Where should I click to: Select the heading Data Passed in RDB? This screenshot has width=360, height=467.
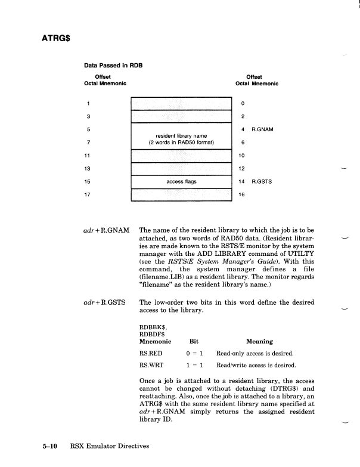click(113, 65)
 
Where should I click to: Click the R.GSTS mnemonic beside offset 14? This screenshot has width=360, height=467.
click(263, 181)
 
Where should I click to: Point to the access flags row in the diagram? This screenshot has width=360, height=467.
click(181, 181)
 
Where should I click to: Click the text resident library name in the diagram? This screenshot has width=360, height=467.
click(181, 135)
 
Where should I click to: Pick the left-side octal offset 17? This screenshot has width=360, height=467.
click(88, 194)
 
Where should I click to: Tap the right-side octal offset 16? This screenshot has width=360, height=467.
click(241, 194)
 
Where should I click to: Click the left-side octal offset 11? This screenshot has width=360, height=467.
click(88, 155)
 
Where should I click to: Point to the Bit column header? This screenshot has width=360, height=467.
click(193, 342)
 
